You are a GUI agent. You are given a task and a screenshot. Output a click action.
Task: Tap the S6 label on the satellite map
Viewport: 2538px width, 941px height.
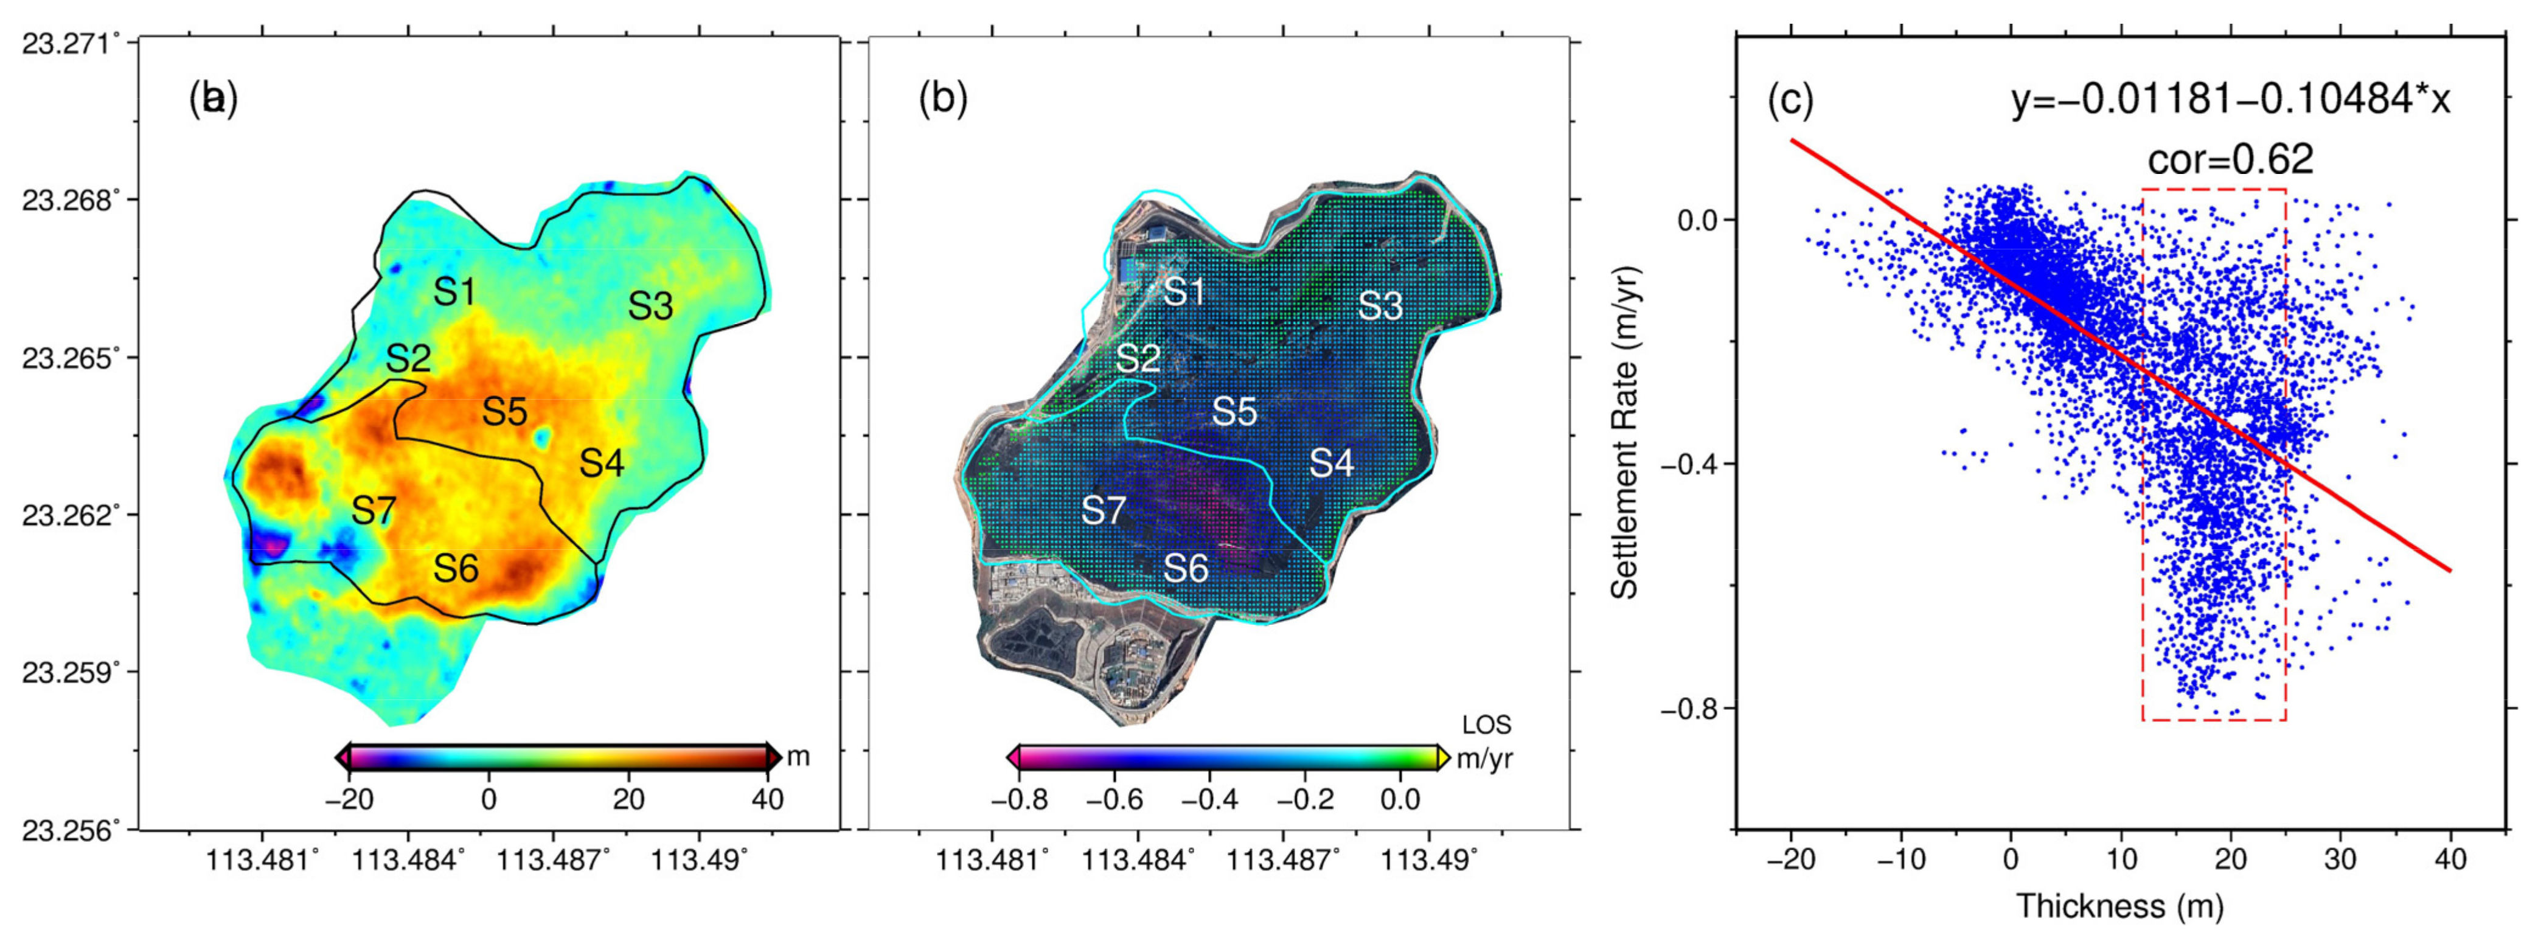[x=1186, y=569]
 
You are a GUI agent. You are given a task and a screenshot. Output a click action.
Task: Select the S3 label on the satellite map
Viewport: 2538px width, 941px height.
[x=1380, y=307]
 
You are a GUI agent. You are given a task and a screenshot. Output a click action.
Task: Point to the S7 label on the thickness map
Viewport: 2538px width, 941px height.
[x=374, y=510]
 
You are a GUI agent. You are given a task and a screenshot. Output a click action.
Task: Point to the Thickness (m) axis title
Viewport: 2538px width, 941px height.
[x=2120, y=906]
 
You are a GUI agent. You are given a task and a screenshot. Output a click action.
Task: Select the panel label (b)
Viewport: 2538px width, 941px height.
[x=943, y=100]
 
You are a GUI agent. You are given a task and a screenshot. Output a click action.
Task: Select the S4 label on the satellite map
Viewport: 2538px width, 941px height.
[x=1331, y=462]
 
